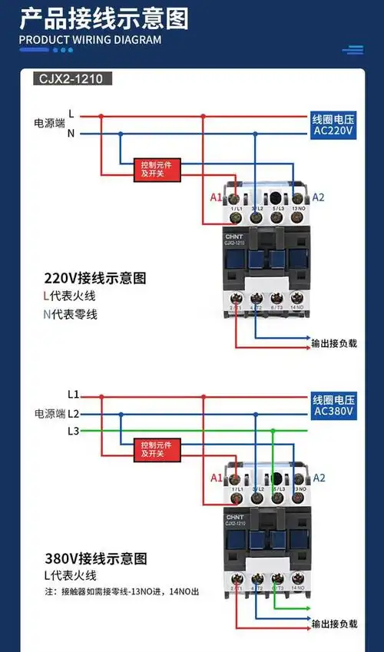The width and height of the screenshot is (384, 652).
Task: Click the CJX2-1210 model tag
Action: click(x=73, y=78)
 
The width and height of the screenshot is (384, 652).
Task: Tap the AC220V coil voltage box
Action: click(x=333, y=126)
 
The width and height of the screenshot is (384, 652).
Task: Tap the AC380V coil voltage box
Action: click(x=333, y=405)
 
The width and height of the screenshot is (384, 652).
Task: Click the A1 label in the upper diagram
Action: click(x=216, y=198)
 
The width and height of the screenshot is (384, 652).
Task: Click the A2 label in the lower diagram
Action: click(x=319, y=478)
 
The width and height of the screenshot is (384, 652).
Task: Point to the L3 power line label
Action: click(x=73, y=431)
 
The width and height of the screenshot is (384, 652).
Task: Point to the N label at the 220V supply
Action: click(x=71, y=134)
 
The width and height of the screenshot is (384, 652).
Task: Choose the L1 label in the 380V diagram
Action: click(x=73, y=395)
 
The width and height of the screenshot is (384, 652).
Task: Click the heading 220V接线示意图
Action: click(x=94, y=278)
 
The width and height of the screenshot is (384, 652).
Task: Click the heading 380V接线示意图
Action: click(x=94, y=558)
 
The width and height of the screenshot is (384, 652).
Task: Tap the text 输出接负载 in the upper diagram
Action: click(x=334, y=344)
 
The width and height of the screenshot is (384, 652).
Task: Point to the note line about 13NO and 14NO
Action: click(x=121, y=592)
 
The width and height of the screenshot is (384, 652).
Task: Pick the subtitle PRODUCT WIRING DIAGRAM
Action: click(x=90, y=40)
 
